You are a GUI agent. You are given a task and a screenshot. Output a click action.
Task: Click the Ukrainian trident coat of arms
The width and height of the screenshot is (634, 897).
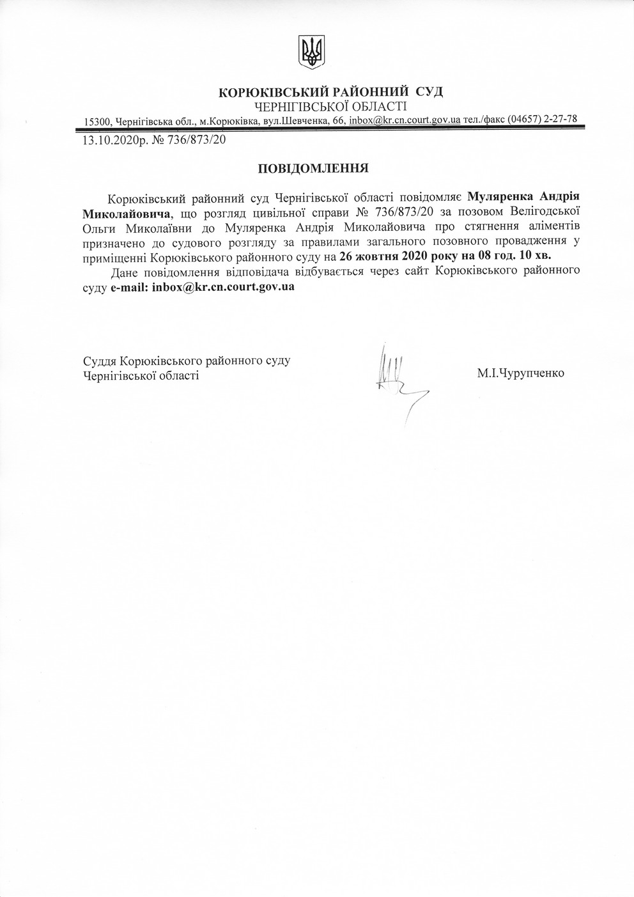click(312, 52)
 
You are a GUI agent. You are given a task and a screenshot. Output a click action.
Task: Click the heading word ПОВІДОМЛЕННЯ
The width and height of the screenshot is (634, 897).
click(313, 169)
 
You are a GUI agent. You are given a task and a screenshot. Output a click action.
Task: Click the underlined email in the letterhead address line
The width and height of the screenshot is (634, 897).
click(405, 120)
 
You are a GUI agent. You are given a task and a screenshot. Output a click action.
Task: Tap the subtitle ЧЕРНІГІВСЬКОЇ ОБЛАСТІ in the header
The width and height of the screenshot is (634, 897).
click(330, 106)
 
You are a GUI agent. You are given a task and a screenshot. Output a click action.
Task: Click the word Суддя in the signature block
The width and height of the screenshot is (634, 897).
click(100, 361)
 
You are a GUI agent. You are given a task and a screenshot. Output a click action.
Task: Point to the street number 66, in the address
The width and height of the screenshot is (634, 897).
click(339, 121)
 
